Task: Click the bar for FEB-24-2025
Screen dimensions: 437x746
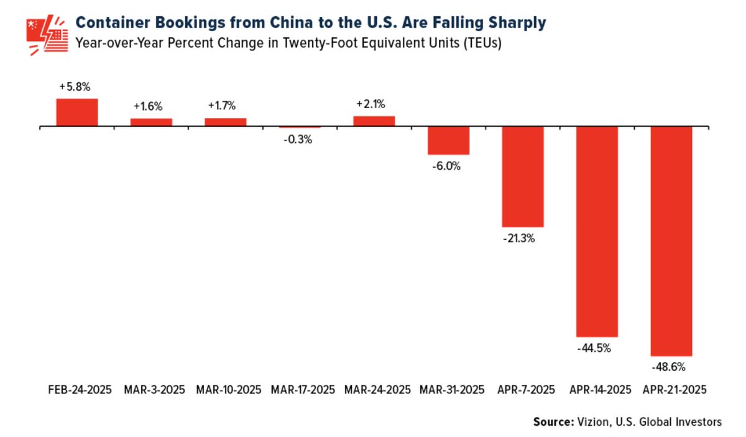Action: [77, 113]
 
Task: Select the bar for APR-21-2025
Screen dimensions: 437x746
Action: [671, 241]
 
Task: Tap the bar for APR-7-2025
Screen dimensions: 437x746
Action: [523, 177]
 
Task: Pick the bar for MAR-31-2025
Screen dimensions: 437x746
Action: [448, 140]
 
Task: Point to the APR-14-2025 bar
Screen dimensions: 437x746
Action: [597, 231]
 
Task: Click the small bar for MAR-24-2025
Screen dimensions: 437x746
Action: [374, 121]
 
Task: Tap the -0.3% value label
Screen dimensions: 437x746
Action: [300, 140]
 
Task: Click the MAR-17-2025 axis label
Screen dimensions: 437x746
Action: [303, 390]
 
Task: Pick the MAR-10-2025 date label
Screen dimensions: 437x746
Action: [229, 390]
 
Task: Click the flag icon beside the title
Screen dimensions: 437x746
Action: [47, 35]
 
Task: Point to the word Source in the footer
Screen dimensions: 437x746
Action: [551, 422]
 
